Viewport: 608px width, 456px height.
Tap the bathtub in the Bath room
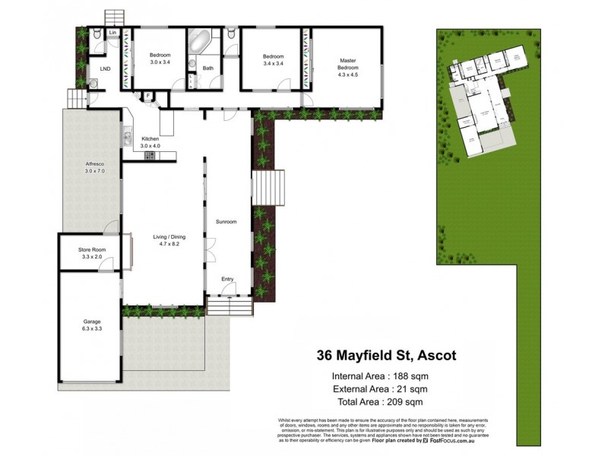coord(201,42)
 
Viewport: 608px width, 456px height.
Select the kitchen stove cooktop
coord(150,156)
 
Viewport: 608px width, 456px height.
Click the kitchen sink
coord(127,139)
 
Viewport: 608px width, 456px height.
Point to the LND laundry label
coord(105,68)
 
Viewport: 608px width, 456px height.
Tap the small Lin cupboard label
coord(112,33)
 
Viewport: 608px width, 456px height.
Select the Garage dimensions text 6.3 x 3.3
coord(90,328)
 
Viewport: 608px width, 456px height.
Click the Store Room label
coord(91,250)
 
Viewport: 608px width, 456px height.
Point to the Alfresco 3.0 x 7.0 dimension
coord(92,172)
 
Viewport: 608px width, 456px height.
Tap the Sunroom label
coord(226,222)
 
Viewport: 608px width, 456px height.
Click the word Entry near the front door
coord(227,279)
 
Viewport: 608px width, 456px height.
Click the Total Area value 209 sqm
coord(403,402)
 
